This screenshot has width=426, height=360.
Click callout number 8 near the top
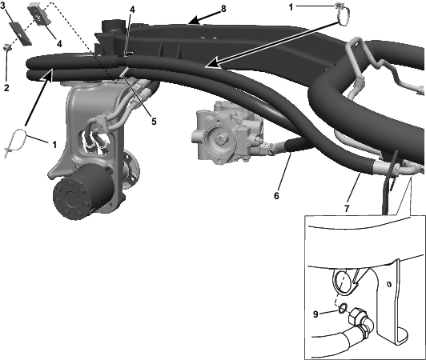click(x=223, y=9)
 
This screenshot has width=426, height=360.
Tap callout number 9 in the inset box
click(x=315, y=314)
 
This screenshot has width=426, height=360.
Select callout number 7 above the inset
click(x=347, y=209)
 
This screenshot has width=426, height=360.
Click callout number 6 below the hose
click(x=276, y=195)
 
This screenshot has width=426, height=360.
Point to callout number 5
click(x=154, y=122)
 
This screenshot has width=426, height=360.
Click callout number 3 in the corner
click(x=3, y=5)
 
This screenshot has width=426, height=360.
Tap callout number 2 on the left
click(x=6, y=87)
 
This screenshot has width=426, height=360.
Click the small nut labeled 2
click(x=6, y=48)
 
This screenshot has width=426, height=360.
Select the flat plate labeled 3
click(x=20, y=33)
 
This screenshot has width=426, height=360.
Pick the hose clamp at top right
click(x=343, y=15)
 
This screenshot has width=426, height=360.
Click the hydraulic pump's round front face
click(x=219, y=140)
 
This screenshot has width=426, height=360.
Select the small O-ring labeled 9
click(x=343, y=308)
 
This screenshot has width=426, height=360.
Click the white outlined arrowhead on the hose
click(x=213, y=62)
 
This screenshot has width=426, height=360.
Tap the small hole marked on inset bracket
click(x=389, y=284)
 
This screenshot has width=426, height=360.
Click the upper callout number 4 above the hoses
click(x=132, y=10)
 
